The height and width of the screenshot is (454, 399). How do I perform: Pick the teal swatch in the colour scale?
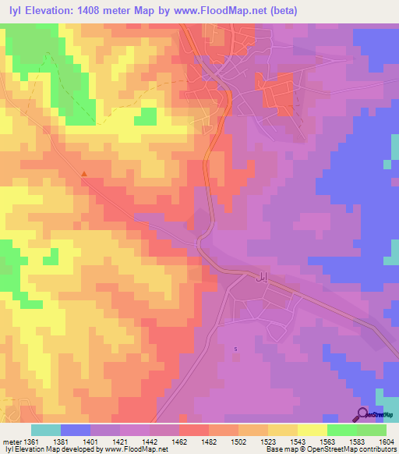[46, 430]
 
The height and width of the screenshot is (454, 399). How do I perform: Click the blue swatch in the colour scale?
[76, 430]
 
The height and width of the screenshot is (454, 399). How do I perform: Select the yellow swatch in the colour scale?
[312, 430]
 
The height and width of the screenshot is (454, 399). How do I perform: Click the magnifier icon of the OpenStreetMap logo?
[362, 414]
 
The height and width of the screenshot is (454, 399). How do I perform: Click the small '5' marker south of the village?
[235, 349]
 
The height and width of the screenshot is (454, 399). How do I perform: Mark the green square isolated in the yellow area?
[146, 116]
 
